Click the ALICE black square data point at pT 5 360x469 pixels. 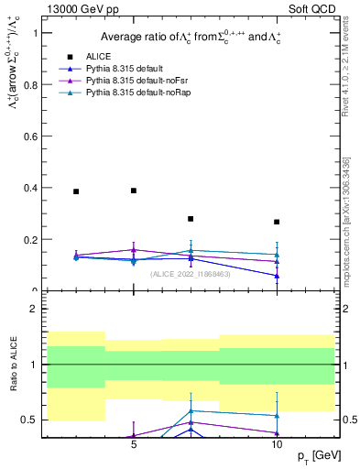(134, 191)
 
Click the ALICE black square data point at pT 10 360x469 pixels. (277, 222)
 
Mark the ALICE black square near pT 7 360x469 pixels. (191, 219)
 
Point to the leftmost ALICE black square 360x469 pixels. (76, 191)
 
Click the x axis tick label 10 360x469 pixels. (277, 444)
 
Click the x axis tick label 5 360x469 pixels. (134, 444)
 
